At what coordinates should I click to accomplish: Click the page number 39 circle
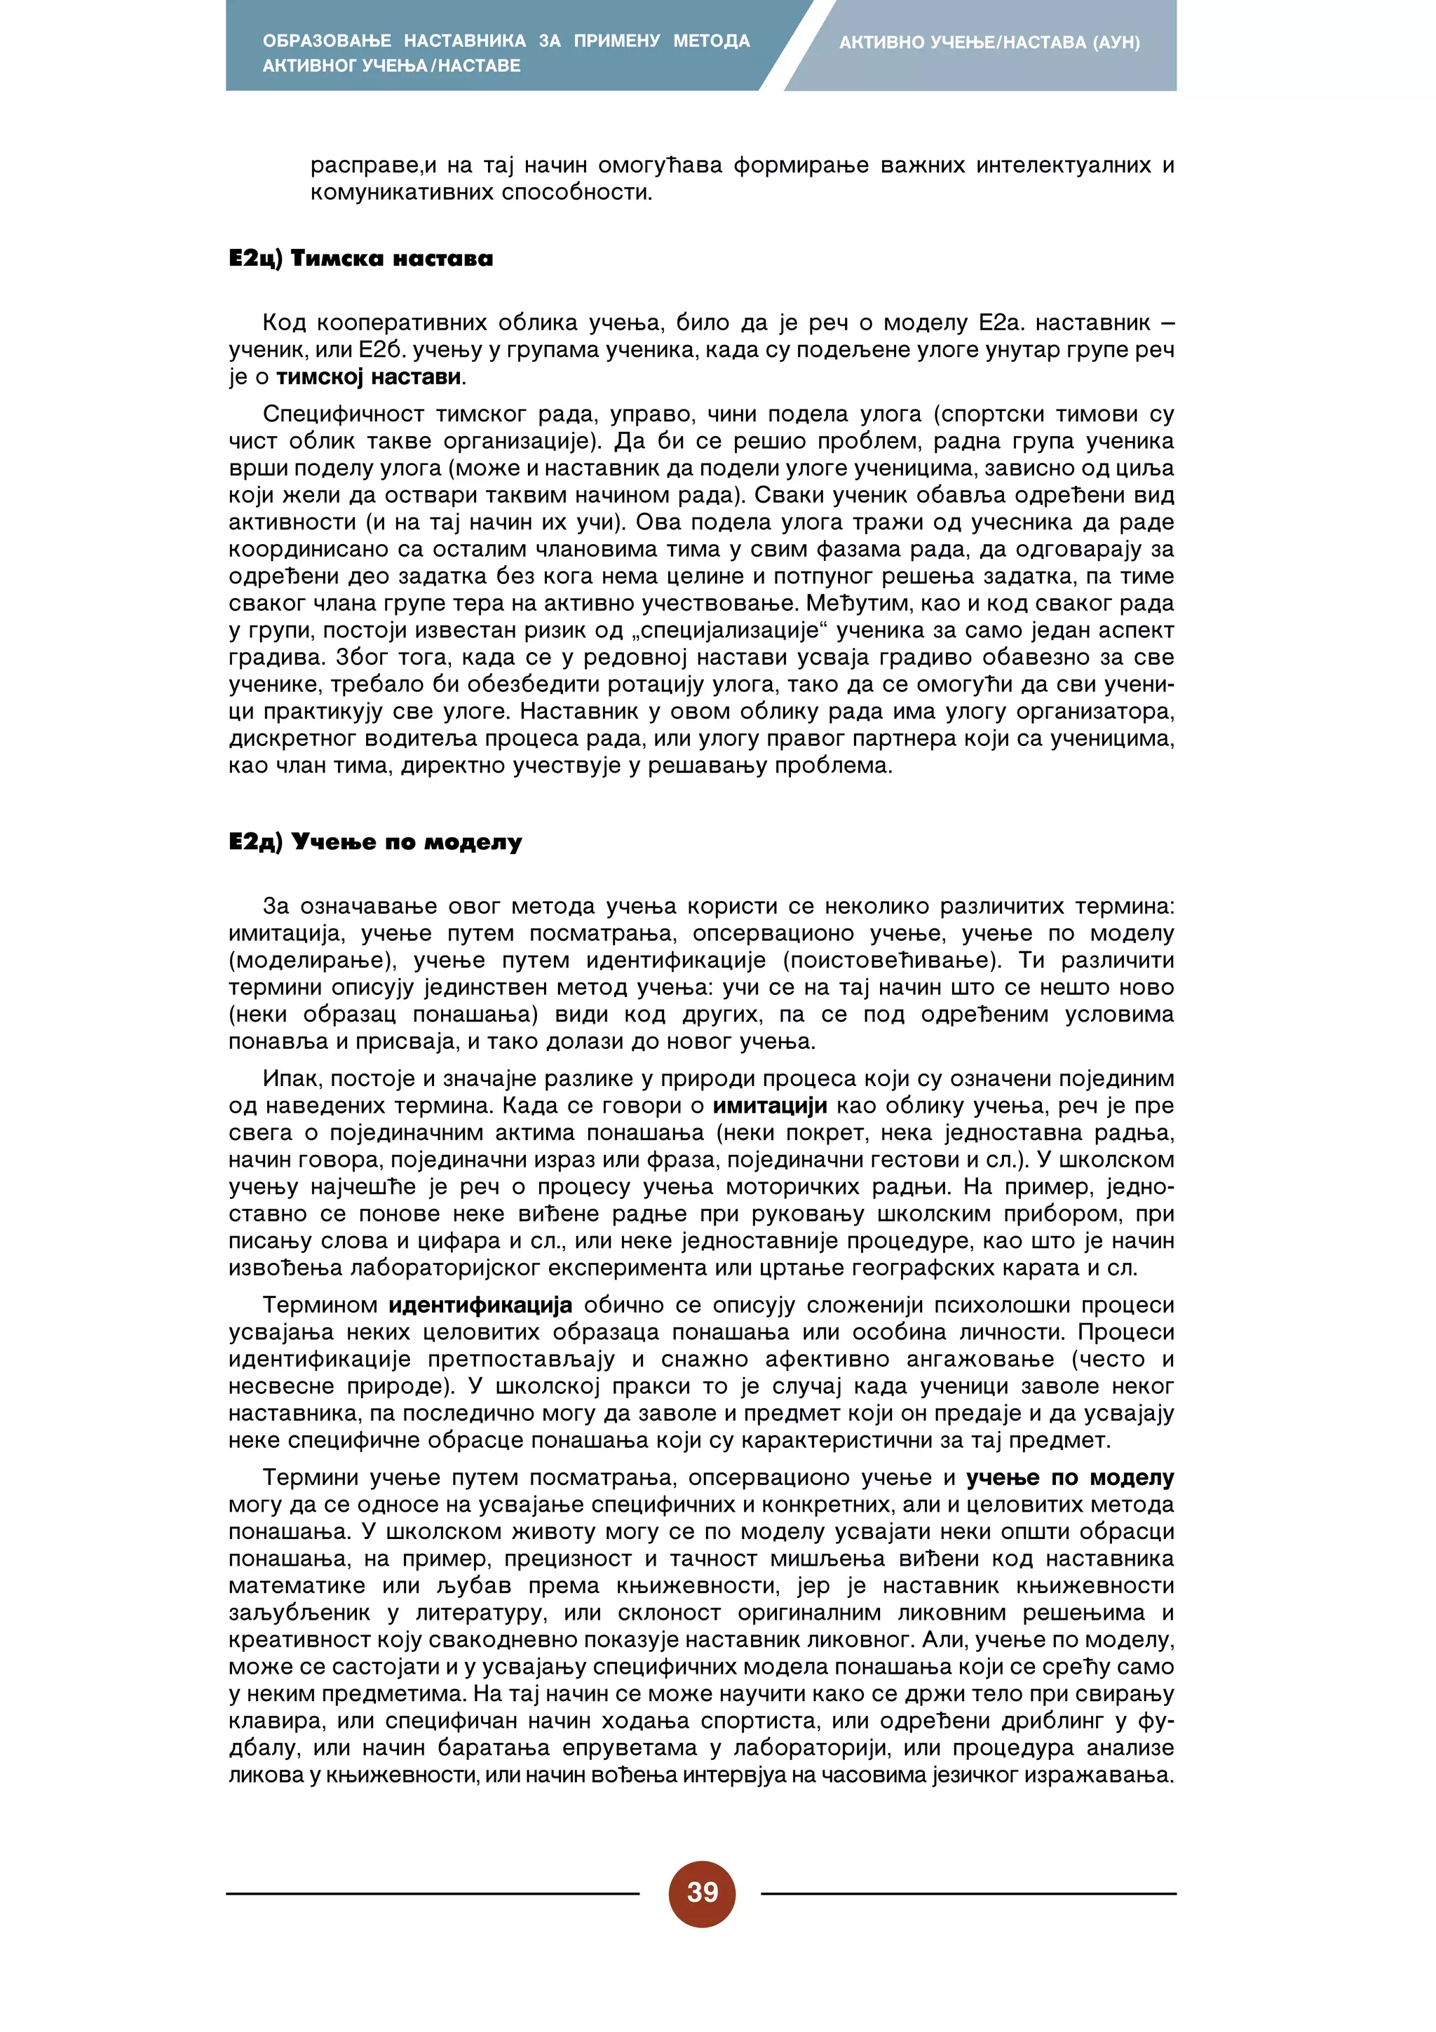(702, 1893)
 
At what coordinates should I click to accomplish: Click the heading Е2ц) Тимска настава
(360, 259)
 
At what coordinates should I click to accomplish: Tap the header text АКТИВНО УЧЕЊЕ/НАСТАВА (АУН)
(989, 43)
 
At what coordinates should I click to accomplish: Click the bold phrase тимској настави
(368, 377)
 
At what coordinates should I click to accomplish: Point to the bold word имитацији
(770, 1105)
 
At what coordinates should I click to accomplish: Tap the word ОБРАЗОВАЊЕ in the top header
(327, 41)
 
